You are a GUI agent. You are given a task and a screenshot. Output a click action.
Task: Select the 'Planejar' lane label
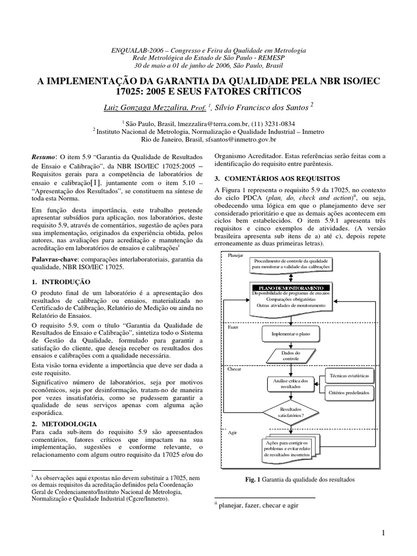click(236, 255)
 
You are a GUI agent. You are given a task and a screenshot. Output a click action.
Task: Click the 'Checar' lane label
click(235, 369)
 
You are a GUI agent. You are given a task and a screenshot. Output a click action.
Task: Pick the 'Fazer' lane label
click(233, 328)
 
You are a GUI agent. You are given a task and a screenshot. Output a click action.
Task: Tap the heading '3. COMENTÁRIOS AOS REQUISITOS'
click(277, 178)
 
